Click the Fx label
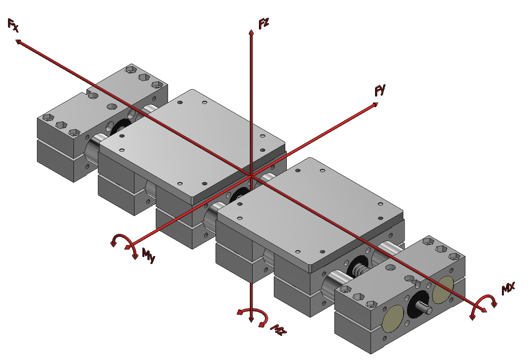pyautogui.click(x=13, y=25)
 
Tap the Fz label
pyautogui.click(x=264, y=24)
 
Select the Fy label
pyautogui.click(x=380, y=90)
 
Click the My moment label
pyautogui.click(x=149, y=255)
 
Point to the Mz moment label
pyautogui.click(x=278, y=330)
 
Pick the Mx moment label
pyautogui.click(x=508, y=288)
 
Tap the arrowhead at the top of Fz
pyautogui.click(x=251, y=32)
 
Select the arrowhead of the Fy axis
pyautogui.click(x=375, y=104)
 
